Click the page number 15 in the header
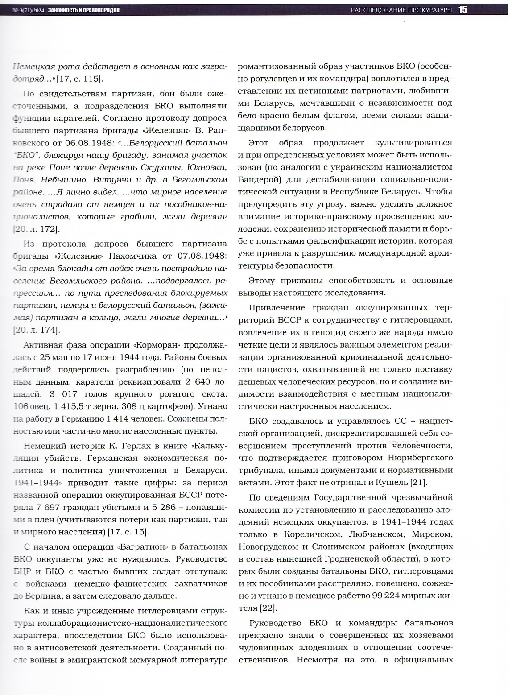pyautogui.click(x=462, y=10)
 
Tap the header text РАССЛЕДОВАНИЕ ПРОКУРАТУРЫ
pyautogui.click(x=401, y=10)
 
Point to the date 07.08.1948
pyautogui.click(x=201, y=256)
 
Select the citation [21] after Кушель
pyautogui.click(x=419, y=482)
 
